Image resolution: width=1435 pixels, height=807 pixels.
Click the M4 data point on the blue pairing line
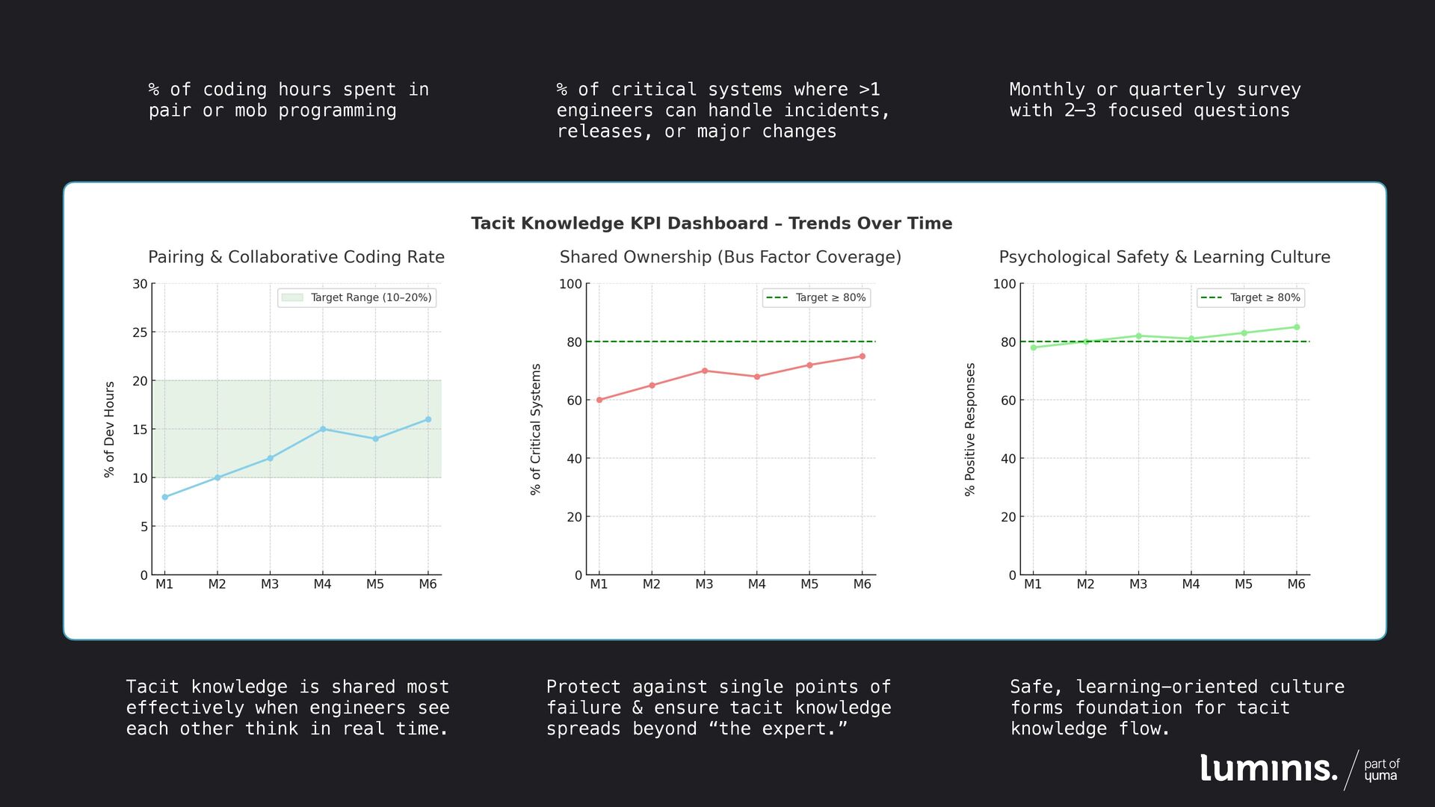323,429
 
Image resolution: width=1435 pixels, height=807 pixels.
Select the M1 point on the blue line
165,497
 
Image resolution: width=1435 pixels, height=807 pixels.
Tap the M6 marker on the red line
862,356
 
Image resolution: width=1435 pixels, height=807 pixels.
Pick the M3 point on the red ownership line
704,371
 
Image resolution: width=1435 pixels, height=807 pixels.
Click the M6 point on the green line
1296,327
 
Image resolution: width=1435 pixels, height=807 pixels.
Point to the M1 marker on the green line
1033,347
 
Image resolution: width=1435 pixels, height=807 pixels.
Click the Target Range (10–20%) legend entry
357,297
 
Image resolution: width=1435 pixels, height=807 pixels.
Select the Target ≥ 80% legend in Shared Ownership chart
816,297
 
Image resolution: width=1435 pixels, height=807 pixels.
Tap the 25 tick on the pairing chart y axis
141,333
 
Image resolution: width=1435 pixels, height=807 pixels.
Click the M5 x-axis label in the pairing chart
375,584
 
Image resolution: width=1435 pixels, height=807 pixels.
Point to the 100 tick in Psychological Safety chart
1004,284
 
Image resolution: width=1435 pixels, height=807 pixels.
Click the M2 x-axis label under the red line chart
652,584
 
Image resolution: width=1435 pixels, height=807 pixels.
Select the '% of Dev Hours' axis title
110,430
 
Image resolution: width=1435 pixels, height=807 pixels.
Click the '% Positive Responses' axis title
970,430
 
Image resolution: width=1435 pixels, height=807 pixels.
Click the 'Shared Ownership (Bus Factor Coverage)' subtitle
730,257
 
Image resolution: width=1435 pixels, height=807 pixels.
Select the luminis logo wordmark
1268,768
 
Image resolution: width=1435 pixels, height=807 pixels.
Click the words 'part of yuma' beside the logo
1381,770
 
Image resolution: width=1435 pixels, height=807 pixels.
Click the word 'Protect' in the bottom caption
583,687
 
